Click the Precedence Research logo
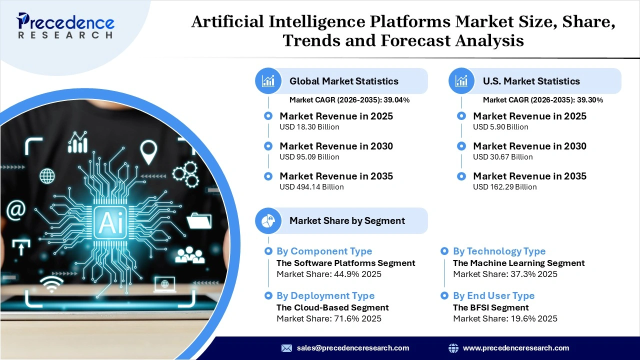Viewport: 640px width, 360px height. [x=65, y=26]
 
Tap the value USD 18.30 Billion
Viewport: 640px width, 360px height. [x=309, y=127]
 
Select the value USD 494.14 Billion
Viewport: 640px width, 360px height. [x=311, y=187]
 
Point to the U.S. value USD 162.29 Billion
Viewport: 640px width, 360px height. [x=504, y=187]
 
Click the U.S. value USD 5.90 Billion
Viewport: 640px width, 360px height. [x=500, y=127]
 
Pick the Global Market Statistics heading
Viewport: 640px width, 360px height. [x=343, y=81]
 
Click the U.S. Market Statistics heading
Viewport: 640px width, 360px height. [x=531, y=81]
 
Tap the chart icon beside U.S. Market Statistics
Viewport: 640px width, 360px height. [x=461, y=81]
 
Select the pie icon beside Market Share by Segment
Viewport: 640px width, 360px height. [x=268, y=220]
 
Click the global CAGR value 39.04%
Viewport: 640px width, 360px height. [x=396, y=100]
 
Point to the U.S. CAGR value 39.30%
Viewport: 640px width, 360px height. [x=590, y=100]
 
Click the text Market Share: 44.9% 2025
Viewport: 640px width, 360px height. [x=328, y=274]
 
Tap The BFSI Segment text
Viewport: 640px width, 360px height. [x=490, y=307]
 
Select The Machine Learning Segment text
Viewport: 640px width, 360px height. [x=518, y=263]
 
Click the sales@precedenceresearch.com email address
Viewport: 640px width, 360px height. [x=352, y=348]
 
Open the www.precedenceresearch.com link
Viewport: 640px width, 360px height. [x=515, y=348]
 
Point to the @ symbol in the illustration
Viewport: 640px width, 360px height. [x=15, y=210]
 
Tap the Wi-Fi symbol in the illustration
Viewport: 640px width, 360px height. [x=52, y=284]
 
